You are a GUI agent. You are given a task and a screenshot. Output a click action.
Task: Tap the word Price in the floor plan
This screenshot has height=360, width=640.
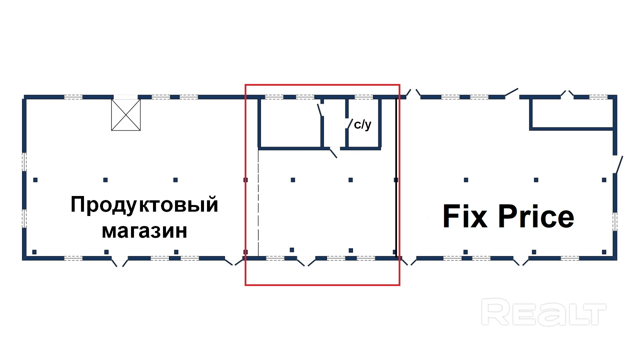point(536,217)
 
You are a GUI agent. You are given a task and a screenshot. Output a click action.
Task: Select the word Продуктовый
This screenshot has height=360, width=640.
point(144,204)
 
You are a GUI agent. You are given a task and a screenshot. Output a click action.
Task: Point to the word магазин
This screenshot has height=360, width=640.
point(144,231)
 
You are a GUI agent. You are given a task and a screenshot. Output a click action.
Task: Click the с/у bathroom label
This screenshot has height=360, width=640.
point(362,125)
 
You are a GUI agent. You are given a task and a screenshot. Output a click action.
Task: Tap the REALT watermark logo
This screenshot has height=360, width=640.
point(543,313)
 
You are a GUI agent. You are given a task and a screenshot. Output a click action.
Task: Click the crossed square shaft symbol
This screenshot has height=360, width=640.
point(126,115)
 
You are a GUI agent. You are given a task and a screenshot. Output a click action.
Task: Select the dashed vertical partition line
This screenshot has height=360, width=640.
point(258,200)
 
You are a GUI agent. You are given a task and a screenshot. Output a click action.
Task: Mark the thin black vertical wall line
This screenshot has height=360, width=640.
point(396,177)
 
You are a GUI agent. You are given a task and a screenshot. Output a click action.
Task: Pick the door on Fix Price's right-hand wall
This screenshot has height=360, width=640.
point(619,164)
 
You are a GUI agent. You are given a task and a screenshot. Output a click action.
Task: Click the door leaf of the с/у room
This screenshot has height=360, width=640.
point(350,124)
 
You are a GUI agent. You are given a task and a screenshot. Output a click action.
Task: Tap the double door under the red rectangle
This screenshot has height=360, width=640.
point(306,262)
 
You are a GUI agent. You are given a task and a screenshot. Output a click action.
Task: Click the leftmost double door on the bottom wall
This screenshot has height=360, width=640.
point(120,262)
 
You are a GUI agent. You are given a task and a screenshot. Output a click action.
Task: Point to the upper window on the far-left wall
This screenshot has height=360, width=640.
point(24,162)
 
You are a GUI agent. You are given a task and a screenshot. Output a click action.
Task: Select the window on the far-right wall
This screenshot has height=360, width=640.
point(615,221)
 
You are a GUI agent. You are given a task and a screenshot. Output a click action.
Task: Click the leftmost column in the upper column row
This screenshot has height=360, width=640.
point(35,180)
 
